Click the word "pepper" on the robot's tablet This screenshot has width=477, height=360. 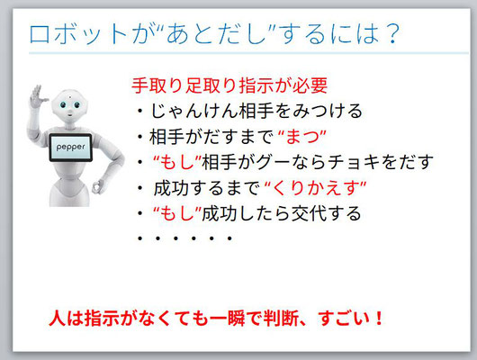[70, 147]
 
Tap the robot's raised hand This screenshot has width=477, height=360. [37, 96]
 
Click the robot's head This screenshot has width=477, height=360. [69, 105]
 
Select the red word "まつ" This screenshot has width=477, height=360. [301, 137]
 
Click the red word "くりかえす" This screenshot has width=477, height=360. [316, 188]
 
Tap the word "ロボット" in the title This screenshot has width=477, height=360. [78, 34]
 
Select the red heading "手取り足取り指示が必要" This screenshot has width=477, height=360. [229, 85]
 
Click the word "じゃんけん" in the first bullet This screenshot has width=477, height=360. [194, 111]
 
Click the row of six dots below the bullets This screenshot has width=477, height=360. [185, 238]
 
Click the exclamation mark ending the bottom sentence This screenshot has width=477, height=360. [379, 318]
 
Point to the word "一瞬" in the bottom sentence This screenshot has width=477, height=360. [227, 319]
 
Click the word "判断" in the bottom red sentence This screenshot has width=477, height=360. [281, 319]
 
